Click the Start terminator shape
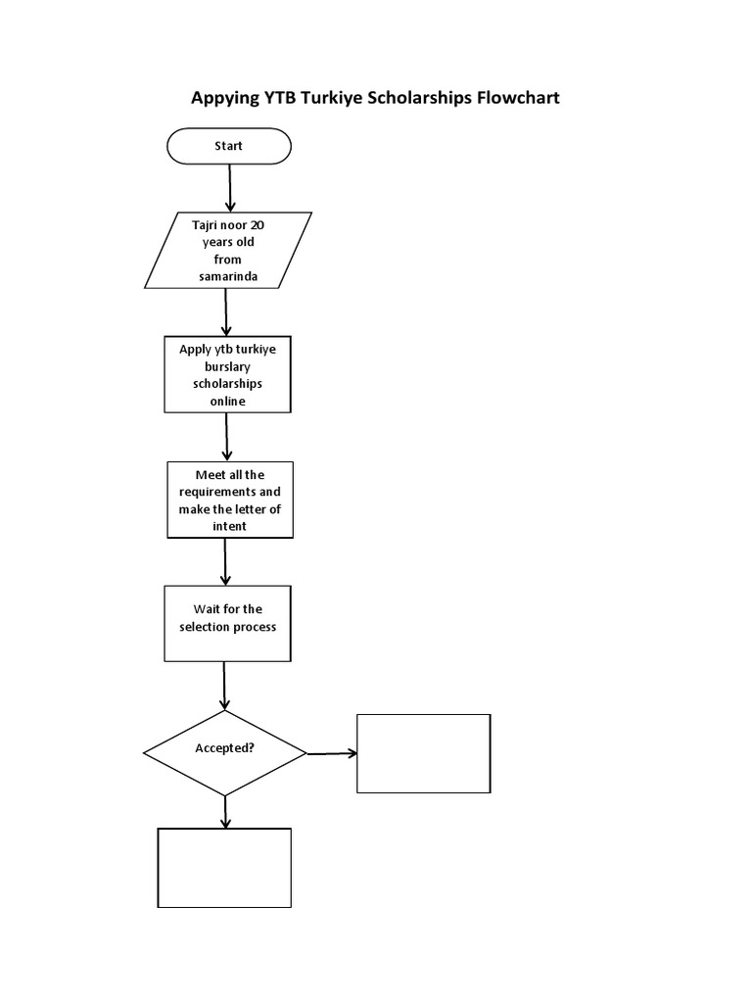point(229,146)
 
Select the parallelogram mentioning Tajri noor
point(228,251)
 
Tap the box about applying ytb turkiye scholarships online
point(227,374)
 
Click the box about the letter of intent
point(229,500)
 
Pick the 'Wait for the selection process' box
point(227,624)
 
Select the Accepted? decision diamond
point(225,752)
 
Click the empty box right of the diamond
point(423,753)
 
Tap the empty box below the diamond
point(224,868)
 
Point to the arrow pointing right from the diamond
point(332,753)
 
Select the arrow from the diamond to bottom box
point(226,811)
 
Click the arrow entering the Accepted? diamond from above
point(225,685)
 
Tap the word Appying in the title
point(219,98)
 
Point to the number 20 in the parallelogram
point(258,224)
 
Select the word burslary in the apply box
point(228,366)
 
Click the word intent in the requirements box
point(229,526)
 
